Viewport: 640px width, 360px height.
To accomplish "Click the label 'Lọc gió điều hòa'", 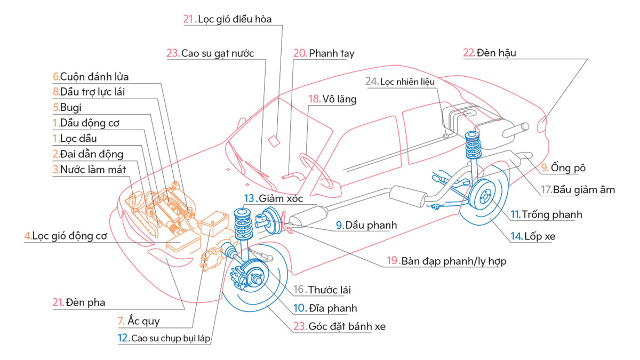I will [235, 20].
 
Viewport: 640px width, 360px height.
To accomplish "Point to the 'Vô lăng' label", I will [339, 99].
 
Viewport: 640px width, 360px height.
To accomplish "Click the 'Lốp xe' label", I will [540, 236].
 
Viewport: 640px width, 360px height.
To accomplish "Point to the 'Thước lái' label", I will [329, 290].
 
